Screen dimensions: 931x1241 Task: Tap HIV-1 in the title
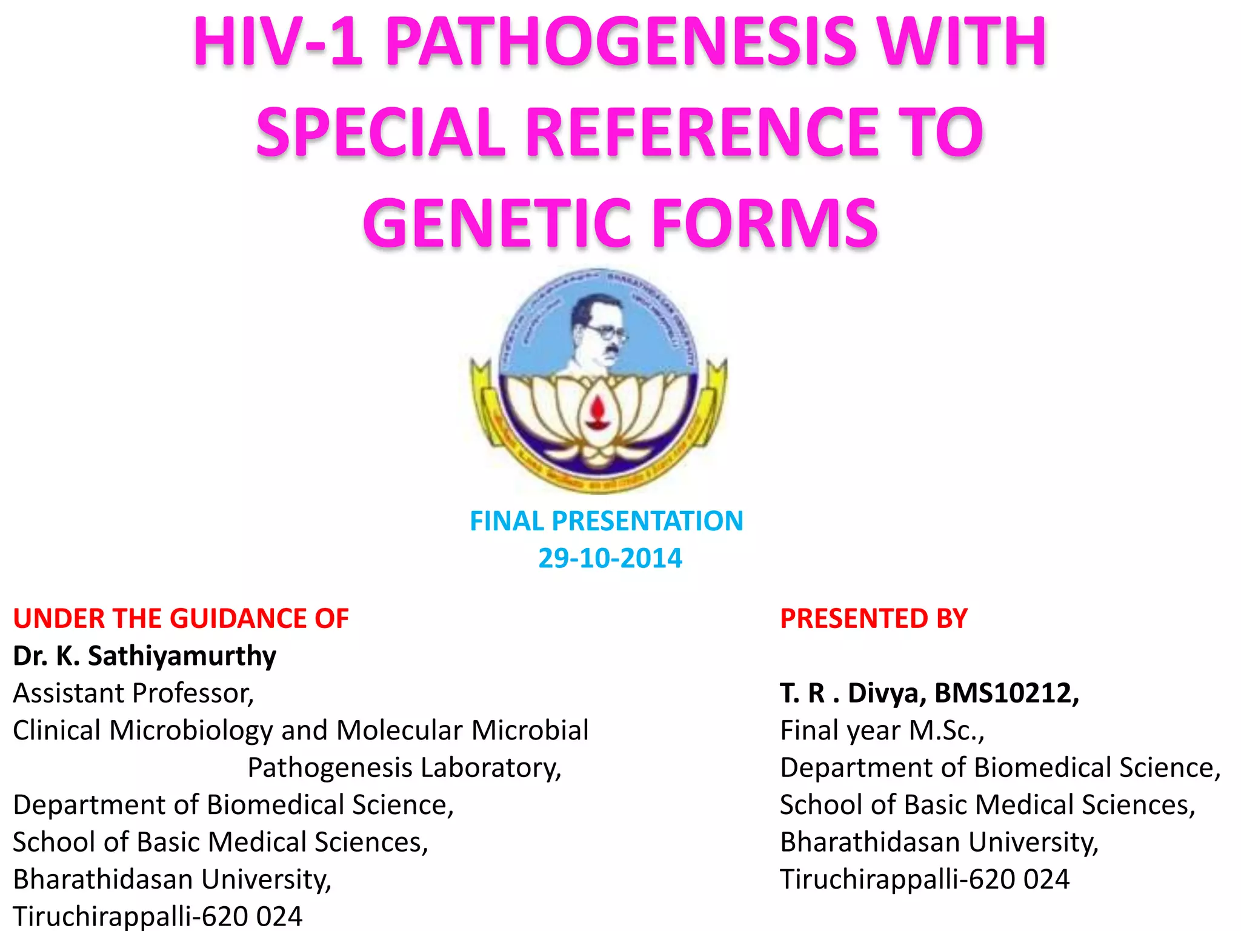(278, 42)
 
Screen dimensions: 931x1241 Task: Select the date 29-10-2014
(610, 558)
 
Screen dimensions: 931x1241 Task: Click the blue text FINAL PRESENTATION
(606, 521)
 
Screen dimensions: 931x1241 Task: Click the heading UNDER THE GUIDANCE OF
(181, 619)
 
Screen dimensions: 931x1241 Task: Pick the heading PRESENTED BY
(873, 619)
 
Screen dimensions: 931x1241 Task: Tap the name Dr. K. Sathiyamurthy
(144, 656)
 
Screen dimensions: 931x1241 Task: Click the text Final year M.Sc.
(882, 731)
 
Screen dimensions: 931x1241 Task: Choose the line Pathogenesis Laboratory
(404, 768)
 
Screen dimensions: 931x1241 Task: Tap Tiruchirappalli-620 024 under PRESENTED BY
(924, 879)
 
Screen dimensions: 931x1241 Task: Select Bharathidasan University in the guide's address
(172, 879)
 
